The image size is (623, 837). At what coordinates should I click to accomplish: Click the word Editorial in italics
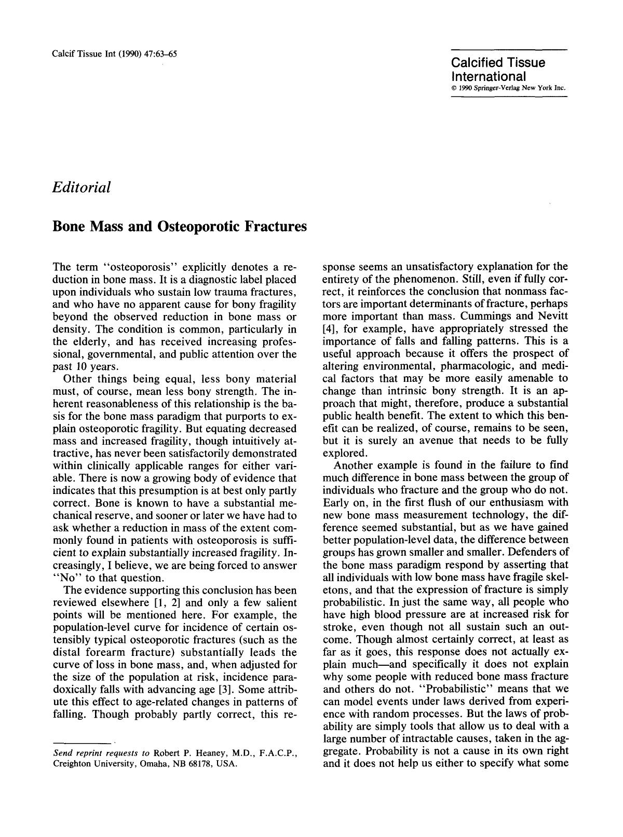[x=82, y=187]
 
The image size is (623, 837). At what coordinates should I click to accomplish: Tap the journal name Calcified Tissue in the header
[x=498, y=63]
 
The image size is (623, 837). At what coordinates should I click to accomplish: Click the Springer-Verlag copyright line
[x=507, y=88]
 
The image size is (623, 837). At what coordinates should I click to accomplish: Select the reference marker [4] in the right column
[x=330, y=328]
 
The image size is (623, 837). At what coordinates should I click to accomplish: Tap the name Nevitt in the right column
[x=552, y=316]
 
